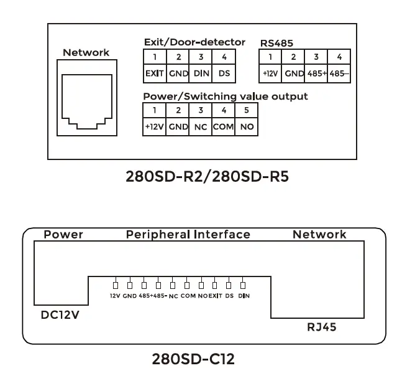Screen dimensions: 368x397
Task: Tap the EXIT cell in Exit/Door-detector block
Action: [x=154, y=73]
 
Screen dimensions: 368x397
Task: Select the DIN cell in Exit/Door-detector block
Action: [x=201, y=73]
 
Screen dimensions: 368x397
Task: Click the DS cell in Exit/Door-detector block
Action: [x=224, y=73]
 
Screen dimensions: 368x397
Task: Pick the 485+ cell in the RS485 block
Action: [x=316, y=73]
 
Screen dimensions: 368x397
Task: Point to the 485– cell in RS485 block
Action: [x=339, y=73]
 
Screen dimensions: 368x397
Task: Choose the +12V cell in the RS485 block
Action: [x=270, y=73]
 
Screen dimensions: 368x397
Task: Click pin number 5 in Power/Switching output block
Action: [x=247, y=110]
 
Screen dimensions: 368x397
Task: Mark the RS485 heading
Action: [x=276, y=43]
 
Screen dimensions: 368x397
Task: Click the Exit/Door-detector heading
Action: [x=194, y=42]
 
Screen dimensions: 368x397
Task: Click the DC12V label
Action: [x=60, y=314]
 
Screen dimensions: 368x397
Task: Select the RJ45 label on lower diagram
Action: [x=322, y=326]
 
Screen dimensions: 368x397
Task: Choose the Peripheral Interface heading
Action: [x=188, y=235]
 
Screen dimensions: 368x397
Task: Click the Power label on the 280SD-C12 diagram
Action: [x=63, y=235]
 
